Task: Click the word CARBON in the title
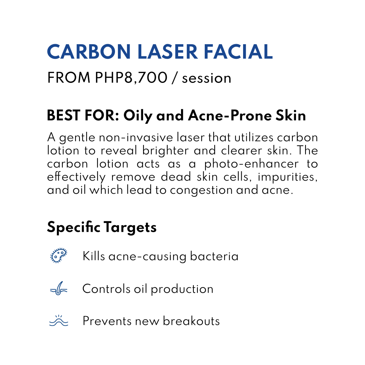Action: tap(89, 51)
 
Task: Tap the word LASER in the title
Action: tap(168, 51)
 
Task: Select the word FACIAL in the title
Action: tap(238, 51)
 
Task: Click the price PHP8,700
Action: tap(131, 78)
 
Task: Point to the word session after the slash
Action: tap(207, 78)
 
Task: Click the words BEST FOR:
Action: tap(83, 115)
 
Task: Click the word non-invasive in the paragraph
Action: tap(136, 137)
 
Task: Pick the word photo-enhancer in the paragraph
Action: tap(251, 164)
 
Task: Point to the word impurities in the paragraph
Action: tap(288, 177)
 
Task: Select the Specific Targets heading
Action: tap(102, 227)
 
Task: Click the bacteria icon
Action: tap(59, 255)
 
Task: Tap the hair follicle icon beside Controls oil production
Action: tap(59, 288)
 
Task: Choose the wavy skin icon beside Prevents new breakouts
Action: tap(59, 320)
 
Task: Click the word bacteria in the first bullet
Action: tap(214, 256)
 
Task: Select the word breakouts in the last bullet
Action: tap(191, 321)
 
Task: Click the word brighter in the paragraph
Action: tap(165, 151)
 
